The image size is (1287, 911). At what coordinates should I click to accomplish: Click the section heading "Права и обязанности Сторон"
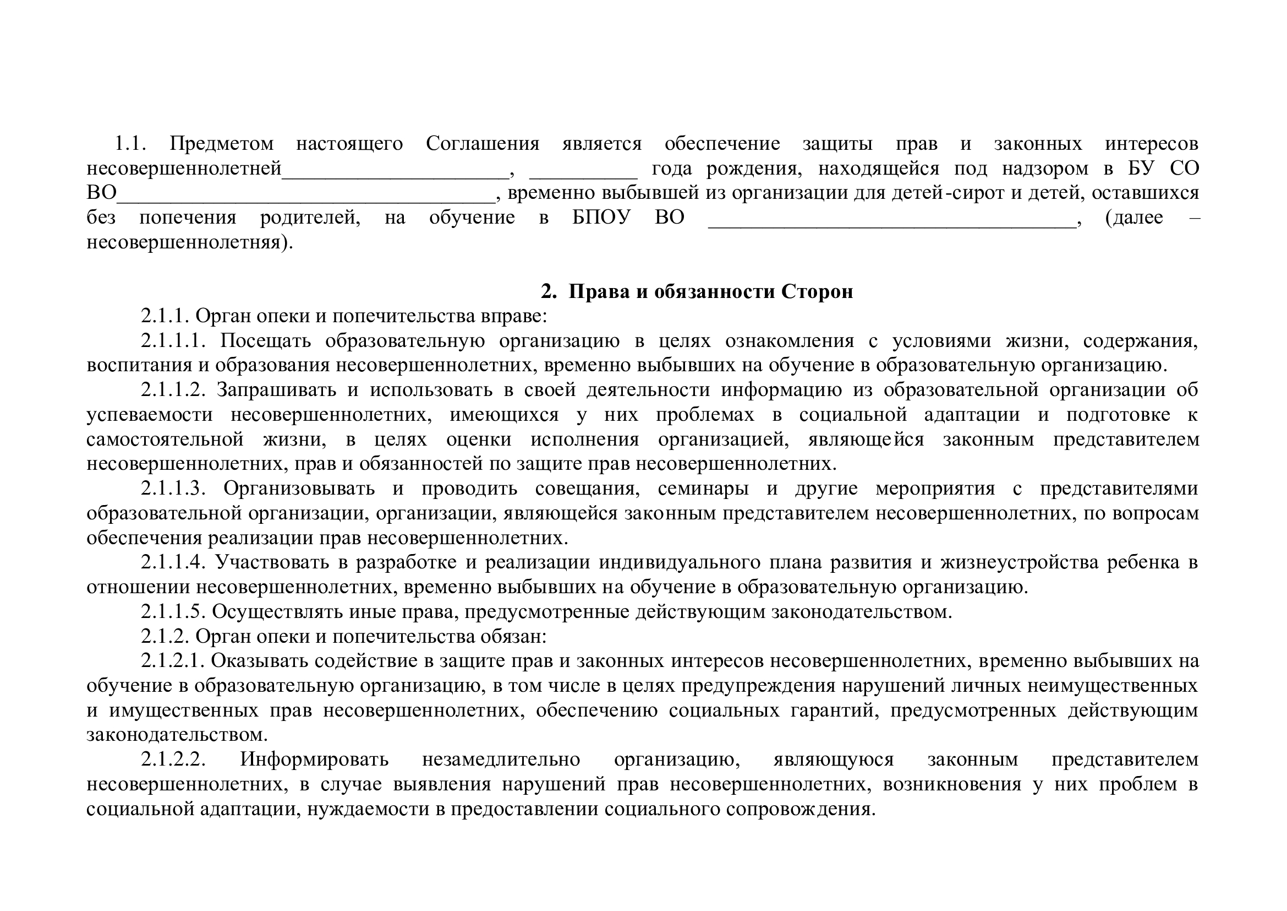click(710, 292)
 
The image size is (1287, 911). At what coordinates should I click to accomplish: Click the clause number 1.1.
click(130, 144)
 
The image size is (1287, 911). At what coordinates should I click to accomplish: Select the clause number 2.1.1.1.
click(174, 340)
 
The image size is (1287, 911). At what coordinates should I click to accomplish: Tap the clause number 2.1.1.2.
click(174, 390)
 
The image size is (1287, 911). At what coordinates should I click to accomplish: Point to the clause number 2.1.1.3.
click(174, 489)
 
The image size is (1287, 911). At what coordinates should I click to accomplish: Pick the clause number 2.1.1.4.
click(174, 562)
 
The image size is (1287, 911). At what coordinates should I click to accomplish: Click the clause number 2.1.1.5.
click(174, 611)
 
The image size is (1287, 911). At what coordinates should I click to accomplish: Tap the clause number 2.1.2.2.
click(174, 760)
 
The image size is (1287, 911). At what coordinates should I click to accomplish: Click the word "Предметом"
click(222, 144)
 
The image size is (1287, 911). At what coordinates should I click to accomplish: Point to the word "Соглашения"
click(483, 144)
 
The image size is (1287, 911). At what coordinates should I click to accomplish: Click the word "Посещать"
click(265, 340)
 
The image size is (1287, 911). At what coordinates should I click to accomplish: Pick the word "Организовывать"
click(299, 489)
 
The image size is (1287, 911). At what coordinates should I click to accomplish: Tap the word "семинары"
click(703, 489)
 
